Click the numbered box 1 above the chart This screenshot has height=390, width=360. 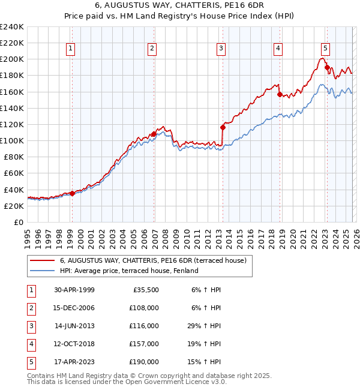(71, 49)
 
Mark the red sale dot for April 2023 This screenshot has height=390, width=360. (327, 67)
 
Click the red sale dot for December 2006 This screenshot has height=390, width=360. (154, 134)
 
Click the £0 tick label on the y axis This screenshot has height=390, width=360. (18, 222)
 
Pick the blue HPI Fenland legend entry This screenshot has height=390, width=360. (128, 271)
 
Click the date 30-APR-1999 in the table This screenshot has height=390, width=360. (74, 290)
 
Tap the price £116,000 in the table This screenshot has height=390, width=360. (144, 326)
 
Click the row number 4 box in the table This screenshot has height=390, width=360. (31, 344)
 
